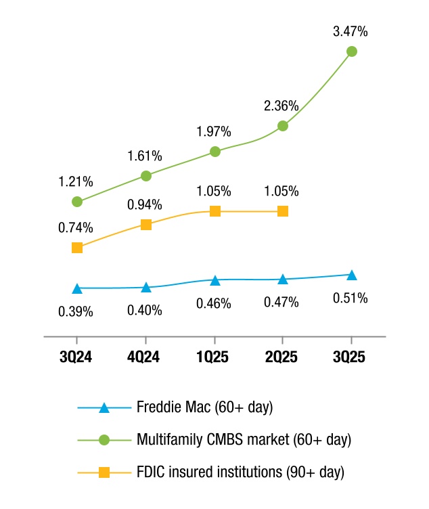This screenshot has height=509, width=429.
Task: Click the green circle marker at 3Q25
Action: [x=352, y=51]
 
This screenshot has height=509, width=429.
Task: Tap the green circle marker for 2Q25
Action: [x=283, y=126]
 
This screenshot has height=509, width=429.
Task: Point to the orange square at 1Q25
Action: [x=214, y=211]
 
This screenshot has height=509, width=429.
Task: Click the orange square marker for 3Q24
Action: [x=77, y=248]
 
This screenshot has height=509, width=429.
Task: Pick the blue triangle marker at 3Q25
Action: [x=352, y=275]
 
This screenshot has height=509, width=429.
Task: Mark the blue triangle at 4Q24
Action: [x=145, y=288]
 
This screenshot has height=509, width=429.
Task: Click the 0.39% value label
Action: [x=76, y=312]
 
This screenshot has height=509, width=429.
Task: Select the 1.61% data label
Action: [x=145, y=156]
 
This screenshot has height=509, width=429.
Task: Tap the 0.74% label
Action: [x=76, y=227]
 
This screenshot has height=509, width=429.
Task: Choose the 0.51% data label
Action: [x=351, y=298]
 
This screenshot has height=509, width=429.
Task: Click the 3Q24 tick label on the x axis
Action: [x=76, y=357]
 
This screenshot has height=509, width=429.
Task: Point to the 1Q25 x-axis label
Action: [x=214, y=357]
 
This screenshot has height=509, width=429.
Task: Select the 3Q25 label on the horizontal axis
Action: [x=351, y=357]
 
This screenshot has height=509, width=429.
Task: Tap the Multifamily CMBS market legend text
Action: [x=244, y=439]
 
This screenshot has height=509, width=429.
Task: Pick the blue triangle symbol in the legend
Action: [x=104, y=408]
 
